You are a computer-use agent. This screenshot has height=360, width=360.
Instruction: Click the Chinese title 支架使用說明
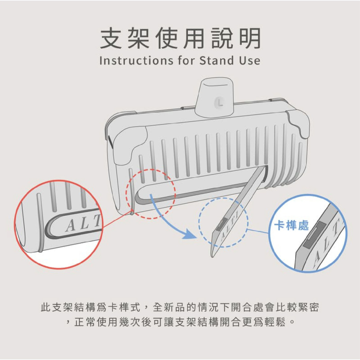pyautogui.click(x=180, y=39)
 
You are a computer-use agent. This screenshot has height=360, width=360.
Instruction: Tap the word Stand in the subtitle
pyautogui.click(x=216, y=60)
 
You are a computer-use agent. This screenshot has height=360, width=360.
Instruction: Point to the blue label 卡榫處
pyautogui.click(x=291, y=226)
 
